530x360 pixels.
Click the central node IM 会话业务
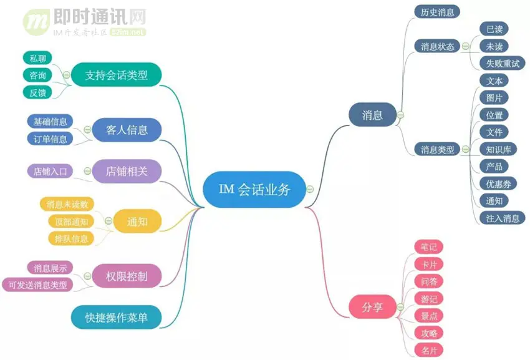[x=254, y=190]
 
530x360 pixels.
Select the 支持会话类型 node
[x=117, y=75]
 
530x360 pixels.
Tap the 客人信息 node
[x=127, y=130]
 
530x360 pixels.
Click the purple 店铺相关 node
[x=127, y=171]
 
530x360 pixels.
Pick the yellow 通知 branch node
[x=137, y=221]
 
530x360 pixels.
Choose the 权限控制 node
[x=127, y=275]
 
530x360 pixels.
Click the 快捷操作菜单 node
[x=117, y=317]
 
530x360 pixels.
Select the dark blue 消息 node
[x=372, y=115]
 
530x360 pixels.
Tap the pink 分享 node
[x=372, y=307]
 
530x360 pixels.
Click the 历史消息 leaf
[x=437, y=11]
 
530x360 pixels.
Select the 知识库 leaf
[x=498, y=149]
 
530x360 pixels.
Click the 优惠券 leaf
[x=498, y=183]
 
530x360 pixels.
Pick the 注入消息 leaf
[x=503, y=218]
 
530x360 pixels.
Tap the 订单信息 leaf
[x=51, y=139]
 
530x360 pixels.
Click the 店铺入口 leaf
[x=51, y=171]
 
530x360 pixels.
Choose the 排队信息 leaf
[x=71, y=238]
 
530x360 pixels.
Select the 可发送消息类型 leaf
[x=37, y=285]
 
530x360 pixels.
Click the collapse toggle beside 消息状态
[x=465, y=46]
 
